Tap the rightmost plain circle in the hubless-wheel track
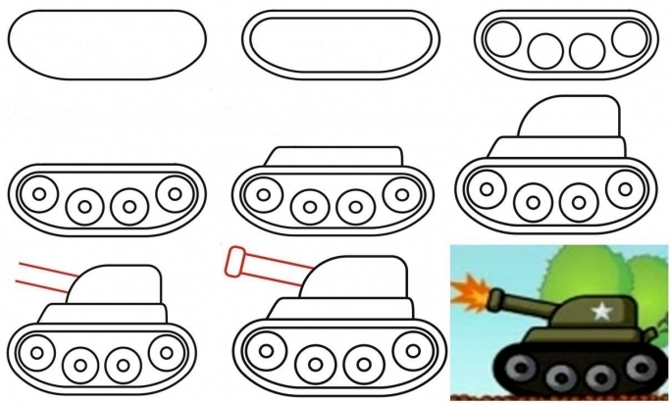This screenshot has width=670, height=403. point(629,39)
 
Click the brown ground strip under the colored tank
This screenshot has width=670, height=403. point(559,395)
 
